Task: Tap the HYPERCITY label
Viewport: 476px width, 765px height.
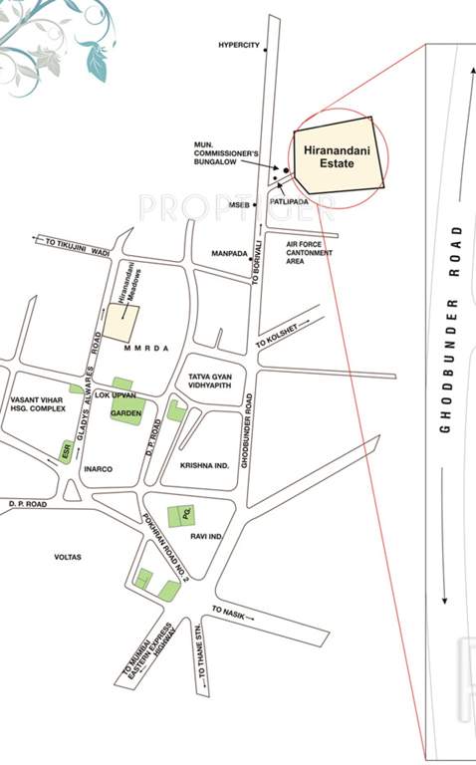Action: (x=239, y=46)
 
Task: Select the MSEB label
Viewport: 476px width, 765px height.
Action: (x=239, y=204)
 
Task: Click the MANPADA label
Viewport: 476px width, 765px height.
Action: (x=229, y=253)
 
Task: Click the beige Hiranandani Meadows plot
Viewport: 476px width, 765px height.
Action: (x=123, y=322)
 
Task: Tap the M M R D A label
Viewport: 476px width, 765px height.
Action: (x=145, y=352)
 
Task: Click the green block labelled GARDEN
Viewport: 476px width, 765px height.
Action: (x=126, y=411)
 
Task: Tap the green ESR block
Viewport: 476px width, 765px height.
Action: (x=63, y=449)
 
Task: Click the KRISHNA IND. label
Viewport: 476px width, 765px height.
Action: (x=204, y=465)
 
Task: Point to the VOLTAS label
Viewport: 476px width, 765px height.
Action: (x=68, y=557)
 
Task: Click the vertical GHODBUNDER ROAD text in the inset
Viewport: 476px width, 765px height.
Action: (x=454, y=329)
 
